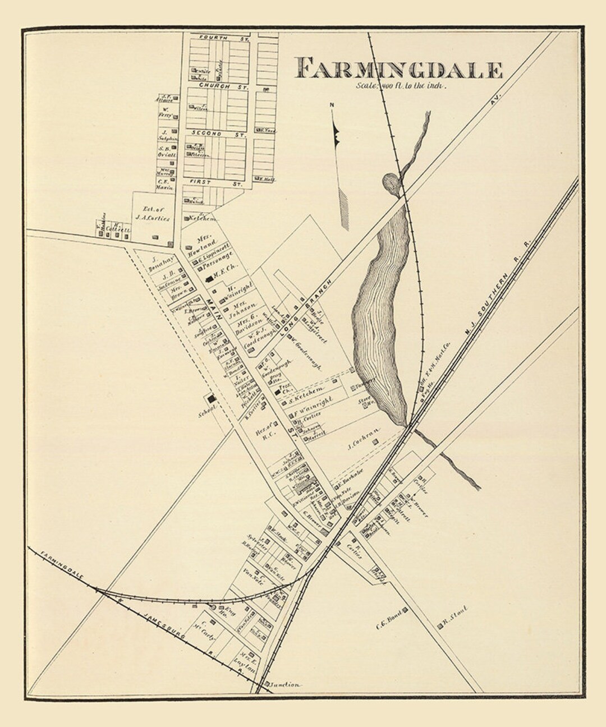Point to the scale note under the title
pos(400,86)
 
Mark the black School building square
pos(212,399)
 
